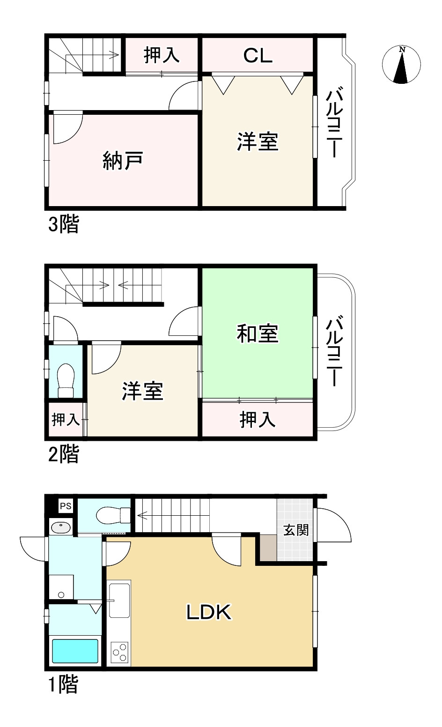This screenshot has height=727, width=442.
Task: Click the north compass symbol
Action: tap(401, 65)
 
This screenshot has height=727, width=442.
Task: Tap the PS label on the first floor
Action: tap(66, 506)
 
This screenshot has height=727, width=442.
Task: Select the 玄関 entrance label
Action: tap(296, 530)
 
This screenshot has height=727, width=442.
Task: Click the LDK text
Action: tap(209, 612)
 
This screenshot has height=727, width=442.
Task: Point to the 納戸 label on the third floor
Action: tap(122, 161)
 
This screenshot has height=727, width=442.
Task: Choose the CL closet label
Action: tap(258, 56)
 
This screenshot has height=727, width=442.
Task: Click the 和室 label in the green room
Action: tap(258, 334)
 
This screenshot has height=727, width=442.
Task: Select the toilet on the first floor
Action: tap(112, 516)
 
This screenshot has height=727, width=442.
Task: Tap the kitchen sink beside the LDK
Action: tap(119, 601)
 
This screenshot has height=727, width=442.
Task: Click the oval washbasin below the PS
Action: tap(60, 527)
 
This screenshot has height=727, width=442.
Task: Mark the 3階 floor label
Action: tap(63, 225)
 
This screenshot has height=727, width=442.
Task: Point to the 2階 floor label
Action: tap(63, 454)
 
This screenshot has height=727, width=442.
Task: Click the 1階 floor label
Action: tap(63, 685)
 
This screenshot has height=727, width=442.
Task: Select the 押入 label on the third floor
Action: tap(162, 55)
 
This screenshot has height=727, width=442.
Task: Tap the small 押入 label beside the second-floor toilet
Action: tap(66, 419)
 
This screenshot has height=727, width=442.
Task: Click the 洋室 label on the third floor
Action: tap(258, 141)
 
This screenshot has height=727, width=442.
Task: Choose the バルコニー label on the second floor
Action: tap(333, 351)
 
